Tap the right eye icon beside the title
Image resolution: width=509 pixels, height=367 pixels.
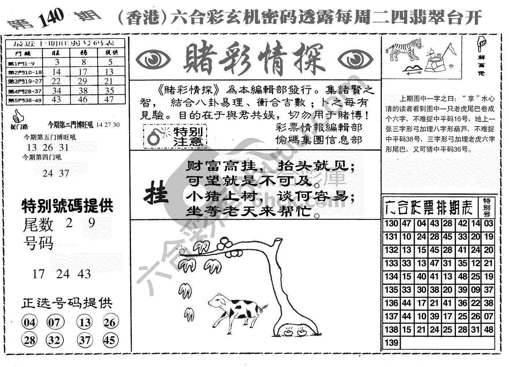coord(354,59)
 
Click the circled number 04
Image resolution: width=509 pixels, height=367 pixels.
coord(30,323)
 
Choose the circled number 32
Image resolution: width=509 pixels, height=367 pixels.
coord(54,340)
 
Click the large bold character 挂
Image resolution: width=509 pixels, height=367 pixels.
coord(155,194)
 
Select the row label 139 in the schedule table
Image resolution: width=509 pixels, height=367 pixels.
coord(391,343)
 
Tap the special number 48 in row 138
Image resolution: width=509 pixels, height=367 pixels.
coord(488,330)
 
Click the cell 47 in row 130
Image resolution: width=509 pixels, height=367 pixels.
coord(406,224)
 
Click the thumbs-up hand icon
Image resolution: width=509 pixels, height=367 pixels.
coord(16,117)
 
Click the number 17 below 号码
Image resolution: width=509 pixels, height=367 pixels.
coord(38,274)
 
